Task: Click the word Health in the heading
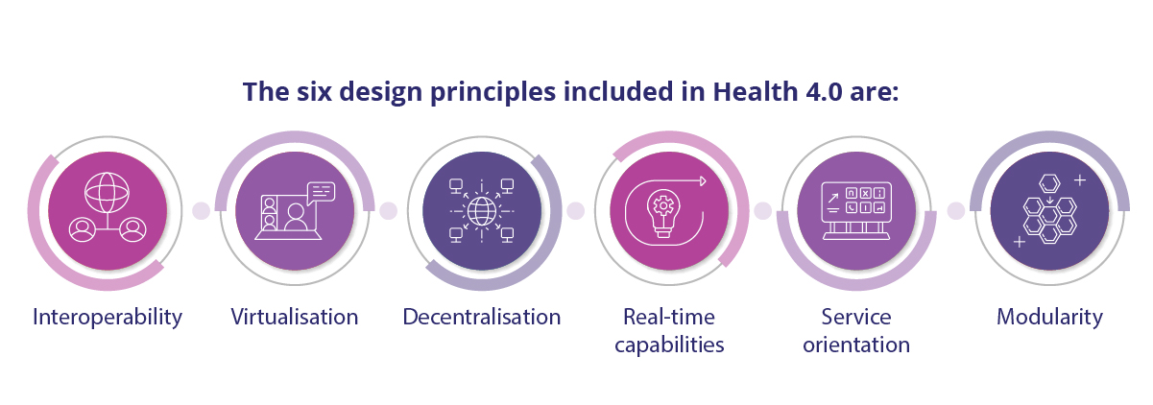[x=756, y=91]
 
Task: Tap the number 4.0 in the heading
[x=824, y=92]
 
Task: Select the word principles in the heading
[x=492, y=93]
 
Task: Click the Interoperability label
[x=108, y=318]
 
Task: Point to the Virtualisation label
[x=295, y=317]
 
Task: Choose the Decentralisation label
[x=482, y=317]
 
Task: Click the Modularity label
[x=1049, y=318]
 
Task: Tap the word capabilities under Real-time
[x=669, y=345]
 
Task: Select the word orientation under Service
[x=856, y=345]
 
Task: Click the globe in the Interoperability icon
[x=108, y=193]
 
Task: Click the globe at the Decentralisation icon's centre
[x=482, y=211]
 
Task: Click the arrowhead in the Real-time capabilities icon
[x=704, y=180]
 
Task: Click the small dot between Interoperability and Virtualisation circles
[x=202, y=210]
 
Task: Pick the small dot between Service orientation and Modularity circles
[x=956, y=210]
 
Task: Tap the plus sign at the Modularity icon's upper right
[x=1080, y=180]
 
